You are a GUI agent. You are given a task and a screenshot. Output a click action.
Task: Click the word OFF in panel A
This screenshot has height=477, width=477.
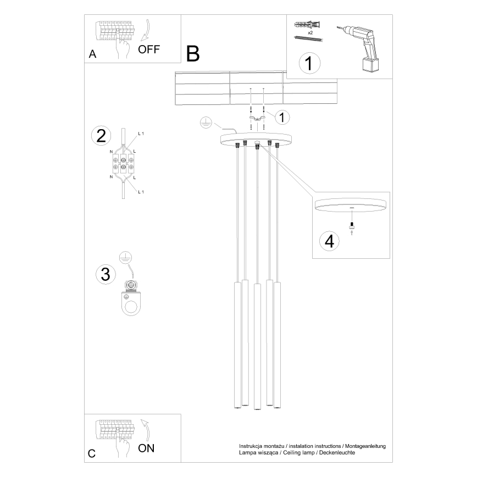[x=149, y=49]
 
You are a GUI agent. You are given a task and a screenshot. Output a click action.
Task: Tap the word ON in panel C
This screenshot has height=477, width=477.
[x=146, y=448]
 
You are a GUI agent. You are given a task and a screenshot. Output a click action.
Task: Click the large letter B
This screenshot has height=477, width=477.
[x=192, y=53]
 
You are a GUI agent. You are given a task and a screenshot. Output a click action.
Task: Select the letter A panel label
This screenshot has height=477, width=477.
[x=92, y=54]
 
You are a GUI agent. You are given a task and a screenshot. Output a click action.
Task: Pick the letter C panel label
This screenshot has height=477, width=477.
[x=92, y=453]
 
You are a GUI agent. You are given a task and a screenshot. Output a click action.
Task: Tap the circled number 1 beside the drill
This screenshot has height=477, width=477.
[x=309, y=63]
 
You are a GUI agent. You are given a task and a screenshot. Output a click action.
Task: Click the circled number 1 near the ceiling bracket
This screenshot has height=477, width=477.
[x=282, y=117]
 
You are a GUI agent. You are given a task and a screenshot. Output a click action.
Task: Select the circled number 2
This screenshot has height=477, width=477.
[x=101, y=136]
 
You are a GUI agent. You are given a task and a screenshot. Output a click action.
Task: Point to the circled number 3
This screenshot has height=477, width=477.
[x=104, y=274]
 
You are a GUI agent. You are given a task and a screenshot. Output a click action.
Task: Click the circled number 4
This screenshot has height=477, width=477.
[x=329, y=242]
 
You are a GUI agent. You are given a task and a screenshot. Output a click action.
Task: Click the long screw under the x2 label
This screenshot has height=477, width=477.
[x=308, y=38]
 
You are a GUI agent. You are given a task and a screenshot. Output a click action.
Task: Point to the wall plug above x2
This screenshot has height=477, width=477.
[x=307, y=25]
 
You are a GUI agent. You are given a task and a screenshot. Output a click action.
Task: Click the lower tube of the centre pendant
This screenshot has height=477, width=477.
[x=257, y=346]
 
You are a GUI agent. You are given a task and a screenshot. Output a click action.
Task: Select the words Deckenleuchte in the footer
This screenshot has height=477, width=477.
[x=335, y=453]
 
